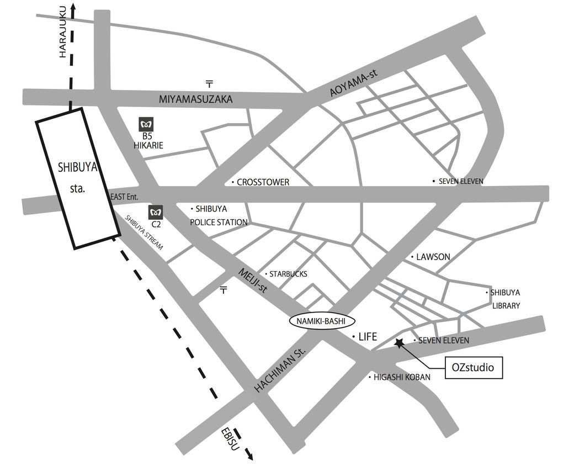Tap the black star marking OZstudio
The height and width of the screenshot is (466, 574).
tap(398, 343)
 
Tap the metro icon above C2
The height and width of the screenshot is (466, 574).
tap(155, 212)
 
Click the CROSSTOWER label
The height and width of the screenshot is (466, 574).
tap(262, 182)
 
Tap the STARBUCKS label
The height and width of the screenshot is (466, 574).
tap(288, 274)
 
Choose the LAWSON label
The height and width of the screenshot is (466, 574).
tap(433, 257)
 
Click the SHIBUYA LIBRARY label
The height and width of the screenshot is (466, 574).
tap(506, 299)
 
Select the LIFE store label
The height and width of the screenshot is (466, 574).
tap(366, 336)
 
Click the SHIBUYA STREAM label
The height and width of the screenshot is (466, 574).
tap(144, 233)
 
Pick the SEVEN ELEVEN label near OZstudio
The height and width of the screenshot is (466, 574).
tap(443, 341)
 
